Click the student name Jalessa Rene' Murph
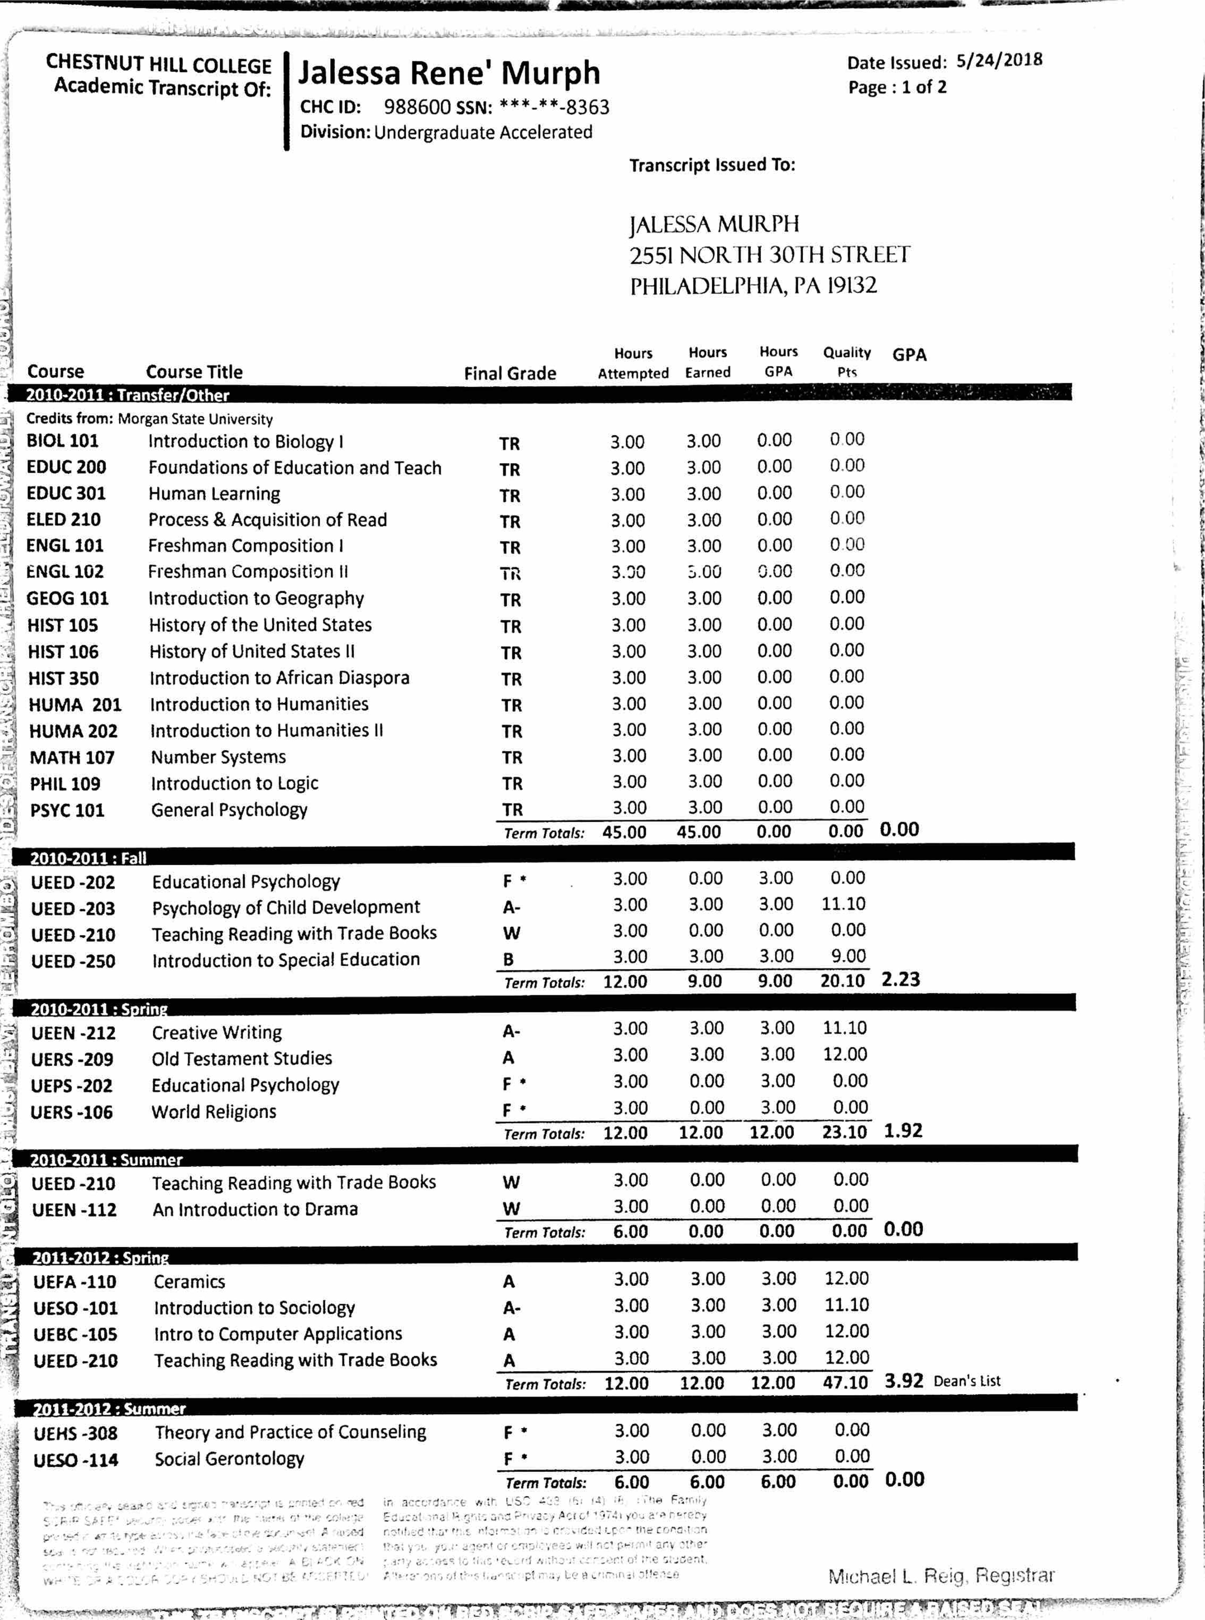tap(449, 74)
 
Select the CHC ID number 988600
tap(417, 107)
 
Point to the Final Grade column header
tap(510, 373)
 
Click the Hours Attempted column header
tap(632, 363)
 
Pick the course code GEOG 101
tap(67, 599)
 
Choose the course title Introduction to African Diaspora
tap(279, 678)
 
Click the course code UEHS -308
tap(75, 1433)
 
